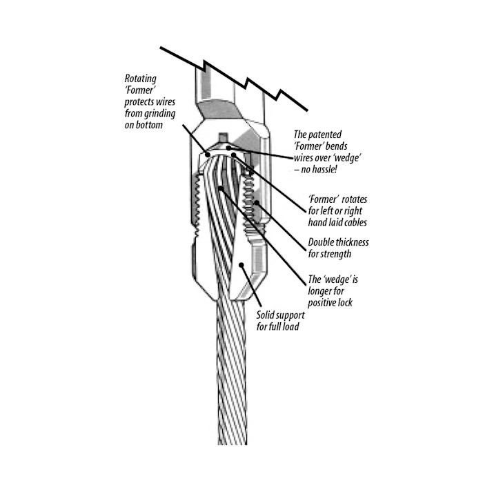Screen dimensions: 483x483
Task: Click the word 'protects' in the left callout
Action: (x=144, y=102)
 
